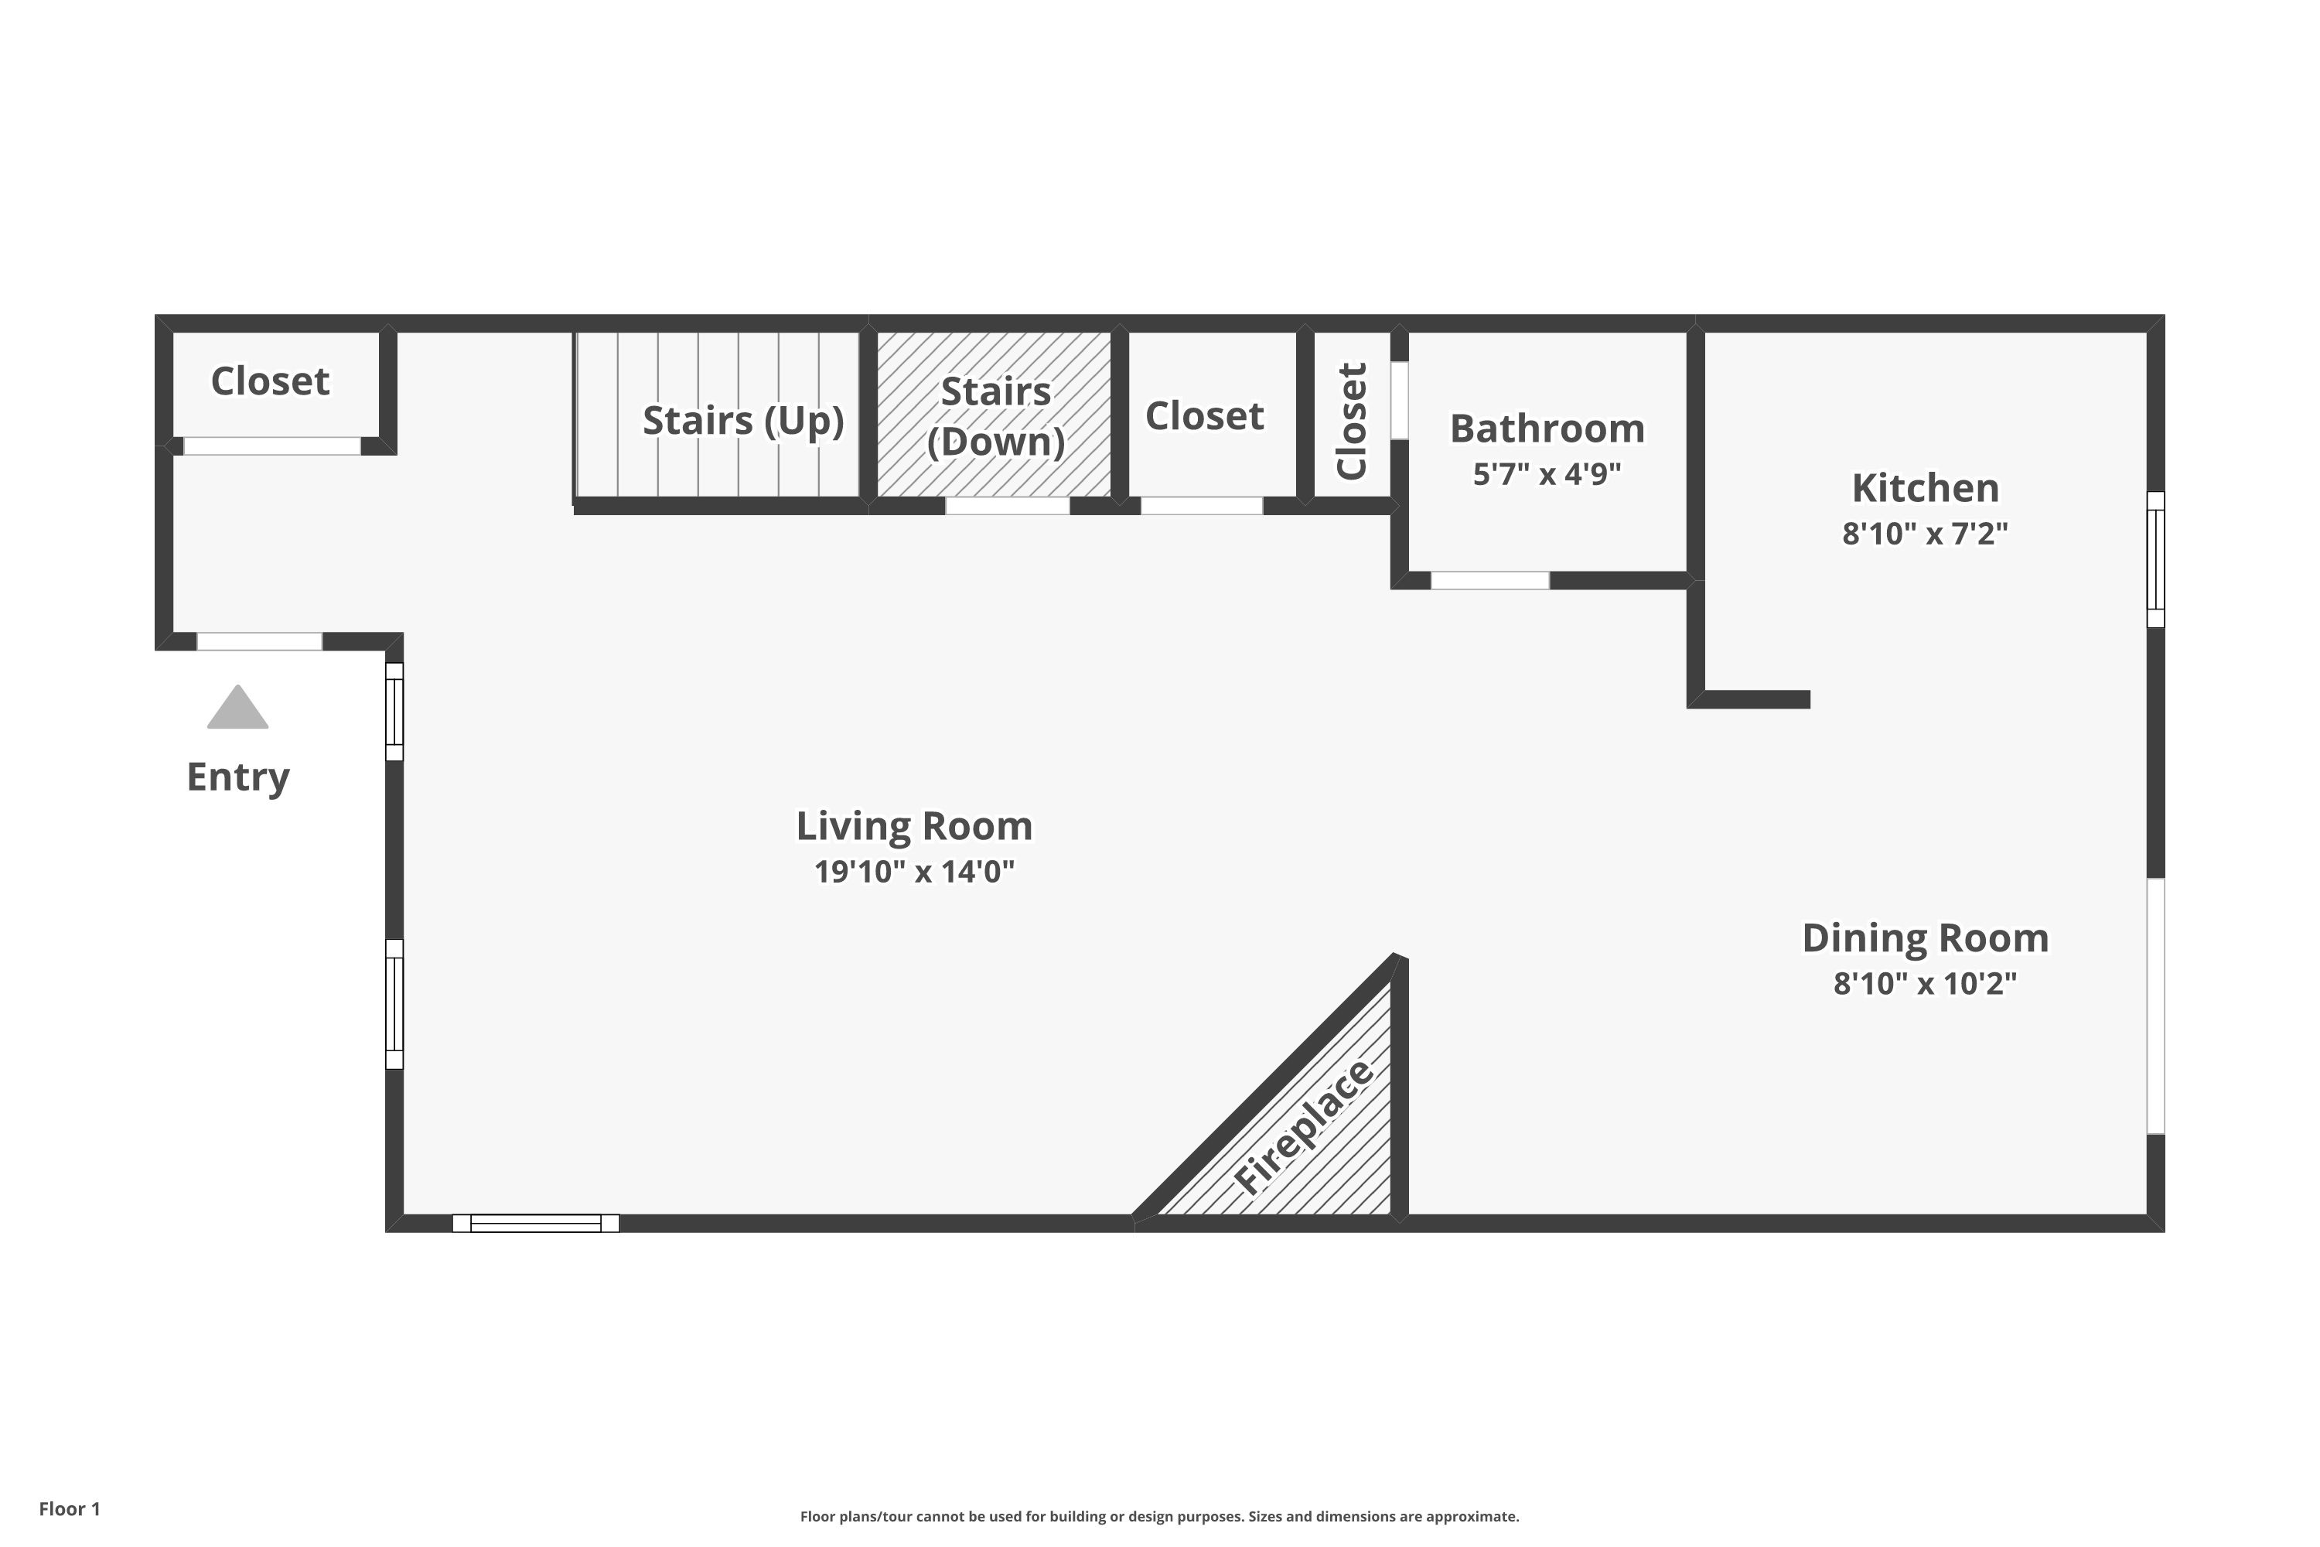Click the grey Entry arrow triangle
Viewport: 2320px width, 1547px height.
point(237,709)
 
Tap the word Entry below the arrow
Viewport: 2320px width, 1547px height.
point(237,777)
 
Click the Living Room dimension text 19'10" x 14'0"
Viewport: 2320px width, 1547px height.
point(914,873)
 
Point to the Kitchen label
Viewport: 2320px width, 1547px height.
point(1925,488)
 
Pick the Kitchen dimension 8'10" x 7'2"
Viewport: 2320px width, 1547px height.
point(1925,534)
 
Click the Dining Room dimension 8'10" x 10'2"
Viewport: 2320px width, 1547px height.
point(1925,984)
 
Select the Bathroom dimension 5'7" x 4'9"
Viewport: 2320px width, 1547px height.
point(1547,475)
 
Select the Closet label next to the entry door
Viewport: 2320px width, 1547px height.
point(270,381)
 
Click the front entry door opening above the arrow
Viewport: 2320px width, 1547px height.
point(259,641)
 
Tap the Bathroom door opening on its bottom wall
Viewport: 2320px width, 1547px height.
point(1489,580)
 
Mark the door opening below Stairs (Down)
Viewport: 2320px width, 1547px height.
point(1007,506)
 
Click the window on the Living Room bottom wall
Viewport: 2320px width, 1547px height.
point(536,1224)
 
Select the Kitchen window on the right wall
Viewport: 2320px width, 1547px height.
point(2155,559)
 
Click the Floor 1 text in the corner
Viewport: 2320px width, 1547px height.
point(69,1508)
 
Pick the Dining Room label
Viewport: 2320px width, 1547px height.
point(1925,938)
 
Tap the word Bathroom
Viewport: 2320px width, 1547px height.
point(1547,429)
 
